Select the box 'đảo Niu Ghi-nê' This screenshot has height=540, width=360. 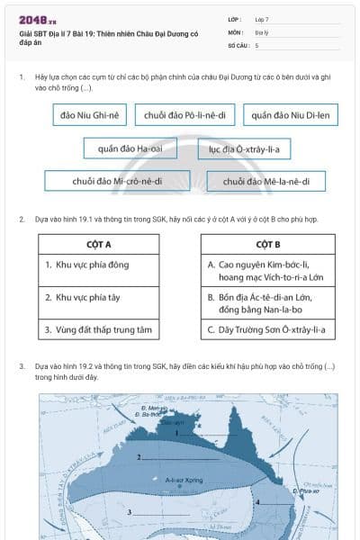pyautogui.click(x=85, y=115)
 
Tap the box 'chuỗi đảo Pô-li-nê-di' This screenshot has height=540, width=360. pyautogui.click(x=184, y=115)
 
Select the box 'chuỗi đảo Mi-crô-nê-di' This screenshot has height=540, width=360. pyautogui.click(x=117, y=181)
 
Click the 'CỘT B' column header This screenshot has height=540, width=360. pyautogui.click(x=268, y=244)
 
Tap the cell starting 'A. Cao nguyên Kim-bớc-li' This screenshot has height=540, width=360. pyautogui.click(x=268, y=271)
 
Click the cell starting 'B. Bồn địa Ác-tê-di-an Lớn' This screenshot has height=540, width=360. pyautogui.click(x=268, y=303)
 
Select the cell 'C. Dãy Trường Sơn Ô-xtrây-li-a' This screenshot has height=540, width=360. pyautogui.click(x=268, y=330)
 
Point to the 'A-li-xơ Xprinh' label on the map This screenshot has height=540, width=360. pyautogui.click(x=184, y=481)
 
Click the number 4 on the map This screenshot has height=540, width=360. pyautogui.click(x=258, y=501)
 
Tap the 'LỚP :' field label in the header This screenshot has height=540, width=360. pyautogui.click(x=235, y=18)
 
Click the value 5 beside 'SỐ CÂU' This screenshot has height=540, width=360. pyautogui.click(x=256, y=44)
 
